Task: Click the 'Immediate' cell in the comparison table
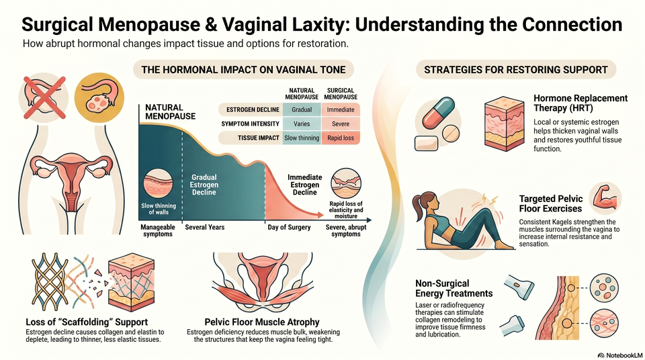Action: (x=341, y=110)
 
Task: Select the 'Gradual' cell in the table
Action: (x=302, y=110)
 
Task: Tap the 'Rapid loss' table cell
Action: (x=341, y=138)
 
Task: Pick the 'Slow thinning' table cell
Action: (x=302, y=138)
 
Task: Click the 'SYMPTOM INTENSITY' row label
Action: (x=250, y=124)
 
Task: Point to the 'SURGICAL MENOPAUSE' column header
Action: (x=341, y=94)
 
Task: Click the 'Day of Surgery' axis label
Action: (x=289, y=227)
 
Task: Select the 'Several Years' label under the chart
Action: (x=204, y=227)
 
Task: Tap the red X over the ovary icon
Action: (x=44, y=98)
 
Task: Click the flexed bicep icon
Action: (x=605, y=198)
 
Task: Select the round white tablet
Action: (x=450, y=133)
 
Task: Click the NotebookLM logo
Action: (x=619, y=355)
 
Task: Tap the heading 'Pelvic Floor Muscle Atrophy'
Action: (x=262, y=322)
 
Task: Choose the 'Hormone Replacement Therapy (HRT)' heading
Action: (x=580, y=103)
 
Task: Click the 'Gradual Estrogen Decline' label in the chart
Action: (x=204, y=185)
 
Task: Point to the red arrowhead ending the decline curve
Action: (x=320, y=214)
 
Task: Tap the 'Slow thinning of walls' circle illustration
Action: (x=159, y=184)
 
